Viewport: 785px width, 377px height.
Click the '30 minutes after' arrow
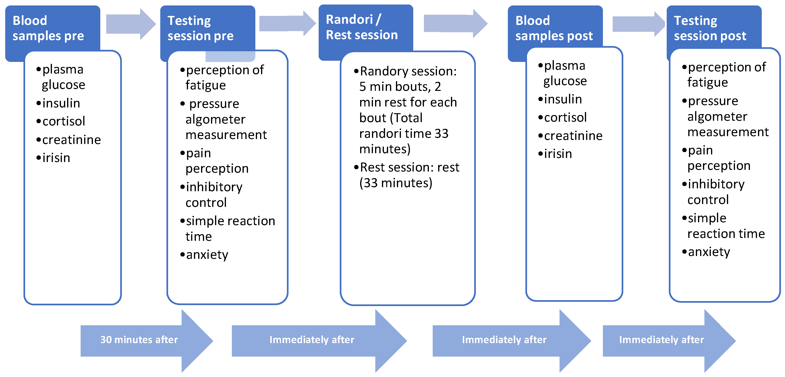pyautogui.click(x=139, y=340)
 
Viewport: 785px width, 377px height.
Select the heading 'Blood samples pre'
pyautogui.click(x=48, y=28)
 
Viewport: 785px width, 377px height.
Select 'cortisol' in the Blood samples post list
pyautogui.click(x=565, y=117)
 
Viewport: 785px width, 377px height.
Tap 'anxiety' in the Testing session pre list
pyautogui.click(x=207, y=255)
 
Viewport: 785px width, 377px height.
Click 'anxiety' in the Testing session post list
pyautogui.click(x=709, y=252)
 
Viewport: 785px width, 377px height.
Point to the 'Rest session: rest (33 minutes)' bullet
pyautogui.click(x=408, y=175)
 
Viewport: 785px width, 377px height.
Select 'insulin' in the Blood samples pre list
pyautogui.click(x=61, y=103)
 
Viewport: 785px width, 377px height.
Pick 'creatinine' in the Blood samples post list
pyautogui.click(x=573, y=136)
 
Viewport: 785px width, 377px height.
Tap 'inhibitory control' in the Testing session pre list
pyautogui.click(x=213, y=195)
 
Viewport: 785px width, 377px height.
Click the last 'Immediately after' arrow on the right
pyautogui.click(x=661, y=340)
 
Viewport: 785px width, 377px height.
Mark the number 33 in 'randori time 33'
pyautogui.click(x=441, y=134)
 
